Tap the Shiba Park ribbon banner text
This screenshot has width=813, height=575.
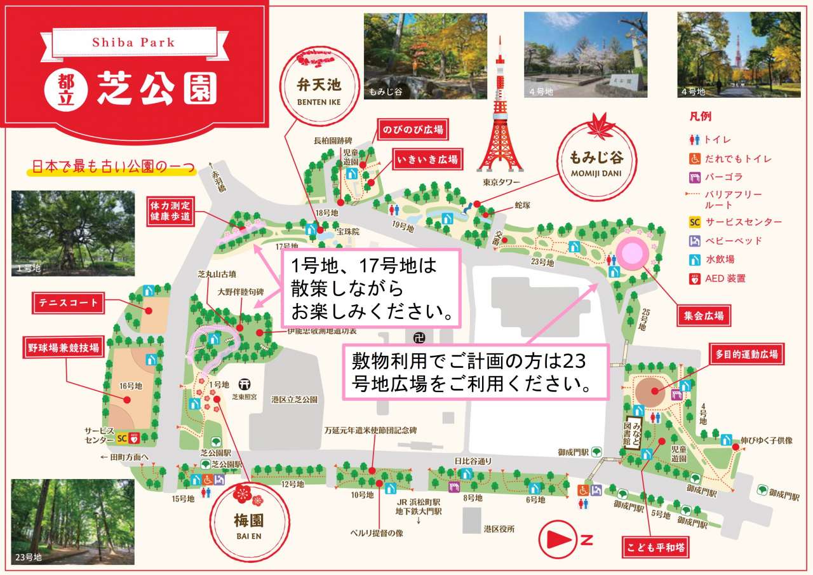pos(133,43)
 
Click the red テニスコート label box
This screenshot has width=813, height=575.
pos(67,303)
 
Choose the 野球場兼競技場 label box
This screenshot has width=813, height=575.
pos(63,348)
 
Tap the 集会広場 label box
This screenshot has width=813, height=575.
pos(703,314)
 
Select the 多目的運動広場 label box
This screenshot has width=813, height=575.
pos(746,354)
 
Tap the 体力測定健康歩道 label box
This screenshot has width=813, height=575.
pos(170,211)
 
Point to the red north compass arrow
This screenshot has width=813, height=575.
pos(556,541)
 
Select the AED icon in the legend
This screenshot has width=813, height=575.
pos(695,278)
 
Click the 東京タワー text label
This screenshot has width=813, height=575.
pos(501,182)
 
